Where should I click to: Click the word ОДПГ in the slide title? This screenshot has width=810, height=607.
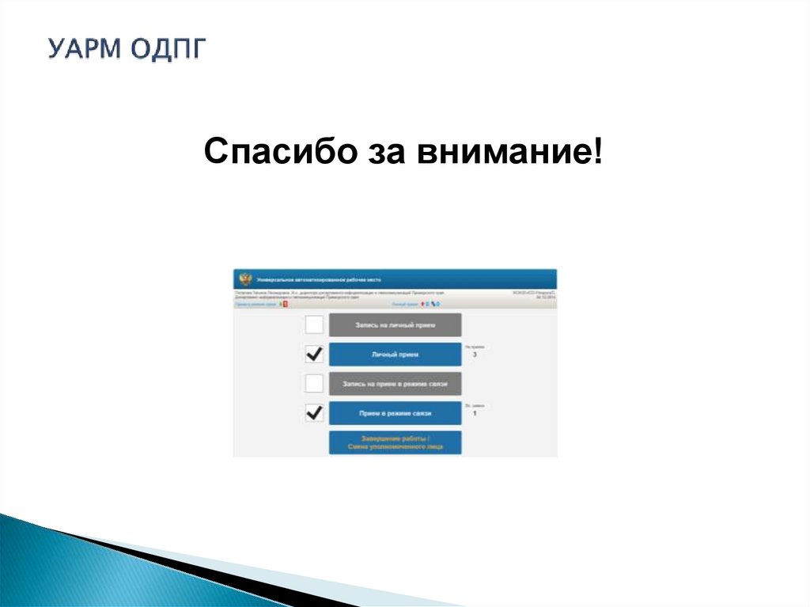point(167,48)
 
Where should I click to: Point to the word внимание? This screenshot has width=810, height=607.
point(505,150)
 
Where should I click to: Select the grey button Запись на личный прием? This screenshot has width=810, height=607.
point(395,325)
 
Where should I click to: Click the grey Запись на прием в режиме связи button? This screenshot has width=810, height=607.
point(395,385)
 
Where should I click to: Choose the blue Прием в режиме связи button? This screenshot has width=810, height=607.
point(395,413)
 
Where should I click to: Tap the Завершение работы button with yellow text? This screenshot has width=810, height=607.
point(395,442)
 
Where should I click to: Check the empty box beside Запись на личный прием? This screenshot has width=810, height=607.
point(314,325)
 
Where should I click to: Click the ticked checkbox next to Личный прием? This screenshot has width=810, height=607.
point(314,354)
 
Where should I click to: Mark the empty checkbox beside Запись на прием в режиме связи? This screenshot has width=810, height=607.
point(314,384)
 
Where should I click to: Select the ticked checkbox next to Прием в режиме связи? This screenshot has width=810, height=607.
point(314,413)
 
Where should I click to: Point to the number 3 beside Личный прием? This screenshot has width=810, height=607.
point(475,355)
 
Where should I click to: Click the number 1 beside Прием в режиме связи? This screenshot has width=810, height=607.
point(475,414)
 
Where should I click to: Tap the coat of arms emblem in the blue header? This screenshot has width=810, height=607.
point(245,280)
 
